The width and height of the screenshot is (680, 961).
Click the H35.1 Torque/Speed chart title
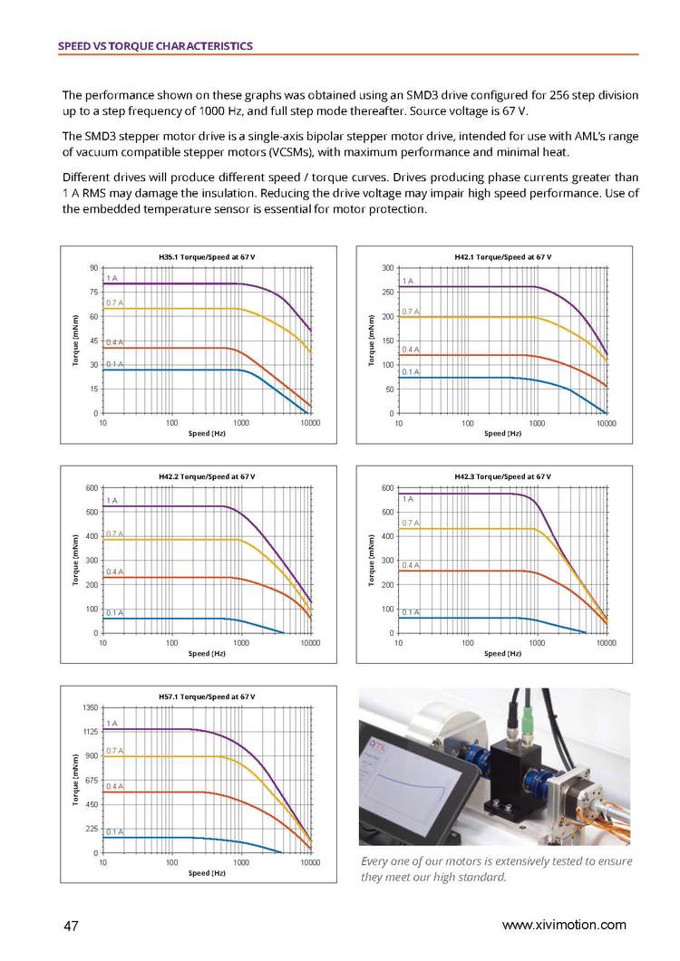[207, 257]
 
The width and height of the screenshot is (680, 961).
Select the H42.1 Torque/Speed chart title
[502, 257]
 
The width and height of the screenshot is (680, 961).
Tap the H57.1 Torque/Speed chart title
[207, 696]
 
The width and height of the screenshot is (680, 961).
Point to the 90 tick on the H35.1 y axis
[93, 268]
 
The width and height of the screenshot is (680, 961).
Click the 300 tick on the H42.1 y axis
[387, 268]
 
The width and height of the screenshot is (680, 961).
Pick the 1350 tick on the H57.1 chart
[90, 707]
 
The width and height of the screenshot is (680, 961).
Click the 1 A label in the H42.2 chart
[112, 500]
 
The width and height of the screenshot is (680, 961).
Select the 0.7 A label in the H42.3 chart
[410, 523]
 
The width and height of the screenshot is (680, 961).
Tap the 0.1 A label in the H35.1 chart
[114, 364]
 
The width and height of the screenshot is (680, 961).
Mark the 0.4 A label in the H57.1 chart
[114, 786]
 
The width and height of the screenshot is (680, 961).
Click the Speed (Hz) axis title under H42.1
[502, 433]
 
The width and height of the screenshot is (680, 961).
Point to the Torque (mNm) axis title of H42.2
[74, 560]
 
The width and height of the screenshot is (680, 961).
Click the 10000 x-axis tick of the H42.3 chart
[606, 642]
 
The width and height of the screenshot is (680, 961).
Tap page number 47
[72, 926]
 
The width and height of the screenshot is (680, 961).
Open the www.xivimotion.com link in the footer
[564, 925]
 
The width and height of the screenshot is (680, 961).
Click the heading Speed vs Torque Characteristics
[154, 45]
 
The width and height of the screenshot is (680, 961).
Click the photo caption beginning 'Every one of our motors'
[496, 869]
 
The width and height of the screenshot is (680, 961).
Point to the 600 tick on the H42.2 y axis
[92, 488]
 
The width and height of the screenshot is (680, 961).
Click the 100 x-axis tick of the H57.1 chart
[172, 862]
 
